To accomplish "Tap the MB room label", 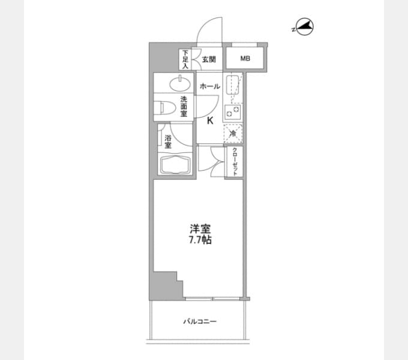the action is [245, 59].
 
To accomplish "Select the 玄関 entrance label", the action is [209, 59].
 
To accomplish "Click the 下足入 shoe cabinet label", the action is [185, 59].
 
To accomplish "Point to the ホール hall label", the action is [210, 86].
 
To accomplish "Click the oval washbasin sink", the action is [180, 83].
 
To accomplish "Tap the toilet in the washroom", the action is [164, 107].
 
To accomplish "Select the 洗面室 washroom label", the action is [184, 106].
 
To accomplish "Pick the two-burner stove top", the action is [233, 112].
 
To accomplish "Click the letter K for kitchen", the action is [210, 121].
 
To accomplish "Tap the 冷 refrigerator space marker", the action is [233, 134].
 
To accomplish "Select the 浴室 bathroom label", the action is [168, 142].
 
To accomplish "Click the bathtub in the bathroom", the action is [175, 164].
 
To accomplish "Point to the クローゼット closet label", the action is [235, 162].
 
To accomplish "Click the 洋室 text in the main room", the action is [200, 229].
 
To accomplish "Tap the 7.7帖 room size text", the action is [200, 240].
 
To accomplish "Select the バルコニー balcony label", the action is [200, 322].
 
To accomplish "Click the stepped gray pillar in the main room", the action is [167, 285].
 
